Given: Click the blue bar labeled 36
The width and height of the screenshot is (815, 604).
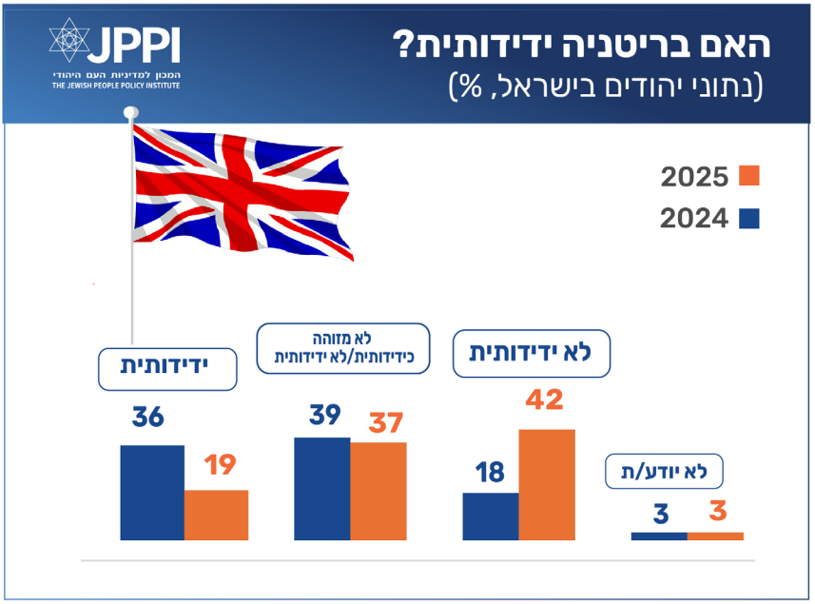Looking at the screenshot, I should [x=152, y=492].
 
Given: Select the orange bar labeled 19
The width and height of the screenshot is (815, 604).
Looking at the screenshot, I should [x=216, y=515].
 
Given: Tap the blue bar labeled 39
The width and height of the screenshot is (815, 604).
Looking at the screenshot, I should [x=322, y=488].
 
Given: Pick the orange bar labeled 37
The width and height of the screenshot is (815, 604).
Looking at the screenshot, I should [x=378, y=491].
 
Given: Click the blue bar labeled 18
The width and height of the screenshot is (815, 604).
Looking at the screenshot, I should [x=491, y=516].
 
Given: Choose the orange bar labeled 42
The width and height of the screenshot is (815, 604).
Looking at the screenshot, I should [x=546, y=484].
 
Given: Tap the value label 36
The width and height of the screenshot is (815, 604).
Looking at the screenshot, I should [x=150, y=419].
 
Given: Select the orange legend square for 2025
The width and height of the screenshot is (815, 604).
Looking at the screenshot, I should [x=749, y=176].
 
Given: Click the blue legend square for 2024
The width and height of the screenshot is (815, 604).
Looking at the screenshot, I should [x=749, y=219].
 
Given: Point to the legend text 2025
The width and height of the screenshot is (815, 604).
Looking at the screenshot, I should [x=694, y=177].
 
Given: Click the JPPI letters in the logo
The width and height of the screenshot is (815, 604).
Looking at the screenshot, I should [x=134, y=44].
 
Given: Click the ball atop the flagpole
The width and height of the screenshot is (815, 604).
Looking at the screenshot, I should [x=130, y=112].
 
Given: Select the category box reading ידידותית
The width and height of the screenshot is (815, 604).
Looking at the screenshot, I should [x=167, y=368].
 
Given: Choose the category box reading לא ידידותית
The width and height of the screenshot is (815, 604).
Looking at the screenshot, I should [x=530, y=353].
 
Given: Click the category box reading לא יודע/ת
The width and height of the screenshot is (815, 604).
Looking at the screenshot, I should [x=664, y=471].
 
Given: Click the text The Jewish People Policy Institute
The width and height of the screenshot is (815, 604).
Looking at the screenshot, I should [x=116, y=86].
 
